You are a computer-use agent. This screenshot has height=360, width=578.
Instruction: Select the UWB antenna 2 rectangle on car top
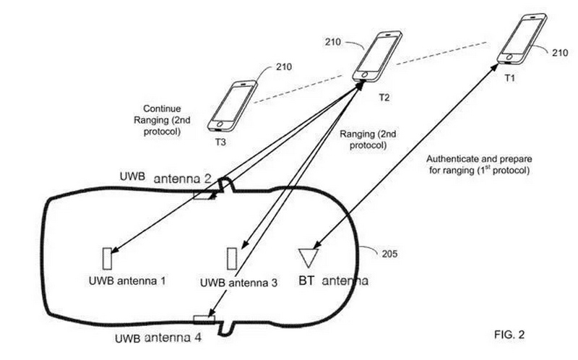coord(204,194)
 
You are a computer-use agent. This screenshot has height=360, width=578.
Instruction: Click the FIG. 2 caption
coord(509,335)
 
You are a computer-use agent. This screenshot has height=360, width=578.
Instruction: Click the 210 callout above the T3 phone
coord(284,67)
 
